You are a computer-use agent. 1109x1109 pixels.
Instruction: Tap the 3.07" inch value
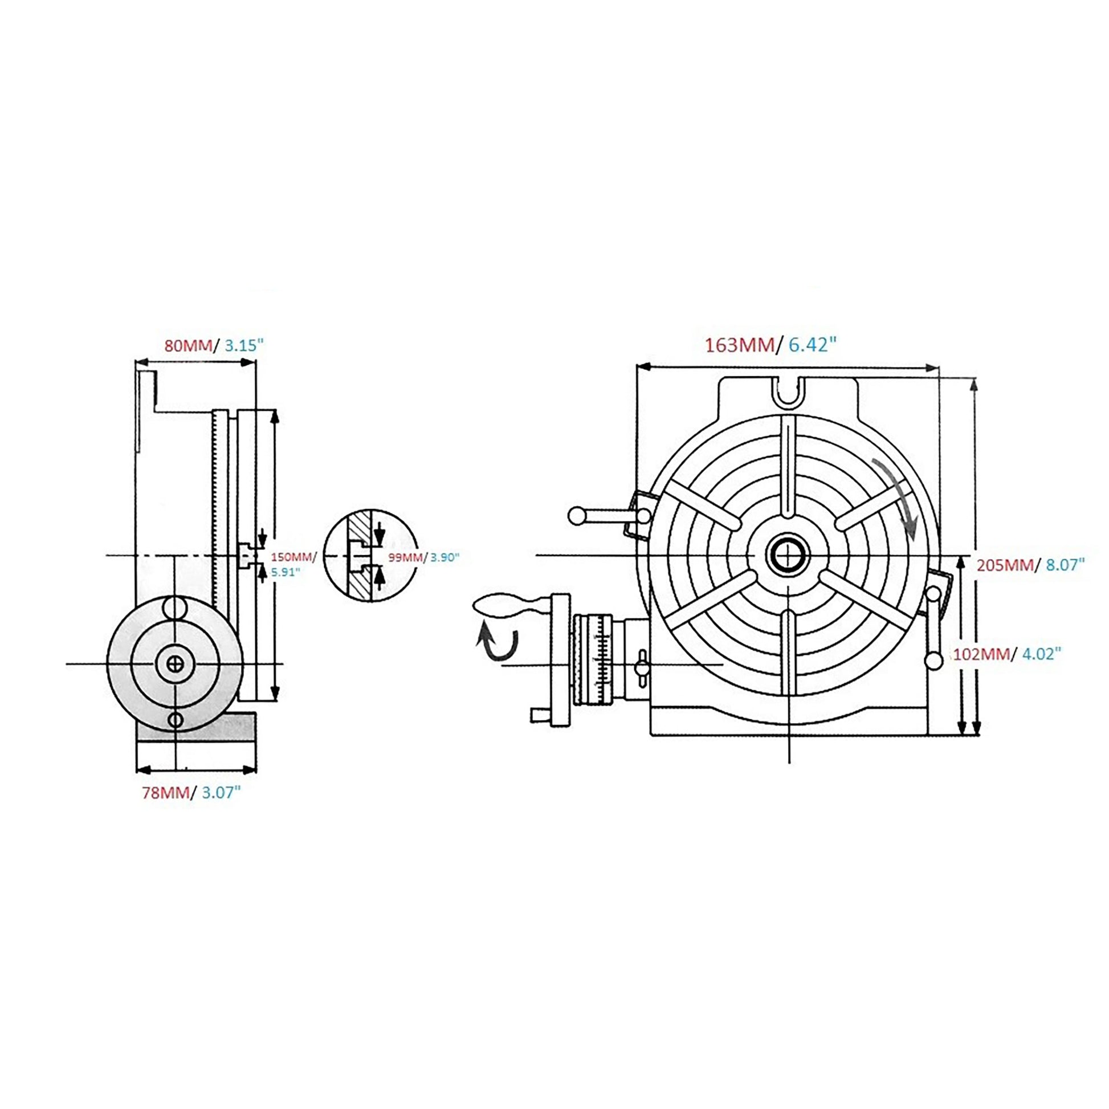[x=219, y=793]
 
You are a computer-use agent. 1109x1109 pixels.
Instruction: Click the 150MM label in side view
[x=293, y=557]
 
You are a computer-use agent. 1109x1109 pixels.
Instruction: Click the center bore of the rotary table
[x=789, y=555]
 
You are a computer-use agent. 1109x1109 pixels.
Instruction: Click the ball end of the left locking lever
[x=576, y=516]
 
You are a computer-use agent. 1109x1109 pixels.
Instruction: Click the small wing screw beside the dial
[x=641, y=666]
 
